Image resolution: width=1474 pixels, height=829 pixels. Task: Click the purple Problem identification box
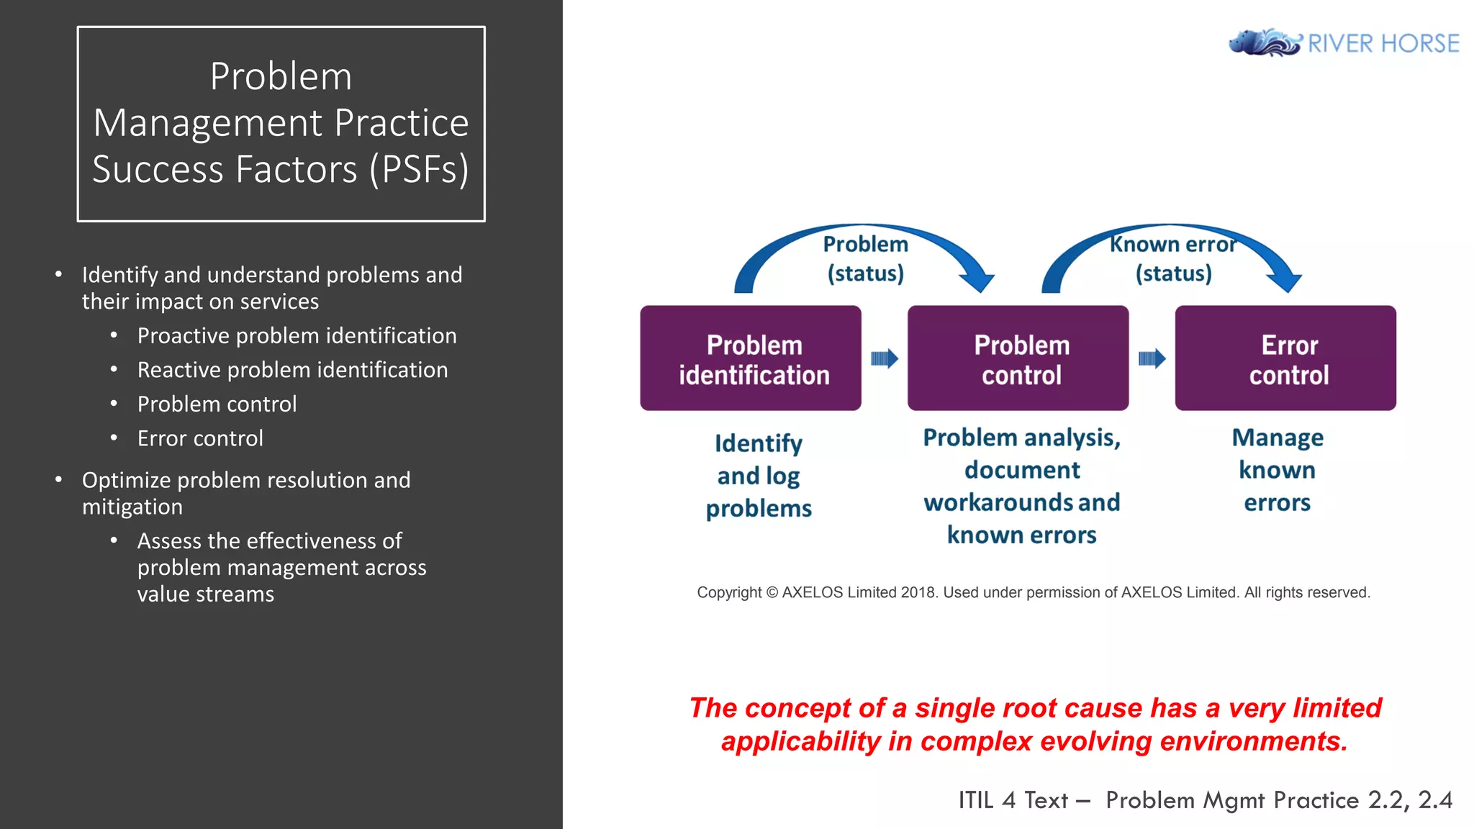(751, 358)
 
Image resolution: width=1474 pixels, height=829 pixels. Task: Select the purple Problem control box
(1018, 358)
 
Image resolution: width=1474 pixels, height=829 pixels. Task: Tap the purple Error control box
(1285, 358)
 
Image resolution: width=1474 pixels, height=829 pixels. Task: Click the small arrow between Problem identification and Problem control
(885, 358)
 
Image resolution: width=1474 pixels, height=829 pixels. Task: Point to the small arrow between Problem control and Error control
(1152, 358)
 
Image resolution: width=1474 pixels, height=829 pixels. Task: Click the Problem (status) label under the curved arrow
(865, 259)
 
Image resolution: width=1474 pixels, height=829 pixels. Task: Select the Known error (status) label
(1173, 259)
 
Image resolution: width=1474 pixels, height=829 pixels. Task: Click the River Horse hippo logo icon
(1264, 42)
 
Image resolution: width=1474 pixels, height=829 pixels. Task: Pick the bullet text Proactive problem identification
(297, 336)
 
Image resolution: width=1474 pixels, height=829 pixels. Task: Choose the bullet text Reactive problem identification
(292, 370)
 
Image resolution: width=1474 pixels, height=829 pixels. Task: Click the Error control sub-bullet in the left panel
(200, 438)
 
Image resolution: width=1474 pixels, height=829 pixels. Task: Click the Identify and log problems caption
(759, 476)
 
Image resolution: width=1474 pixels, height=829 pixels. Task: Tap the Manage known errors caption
(1278, 470)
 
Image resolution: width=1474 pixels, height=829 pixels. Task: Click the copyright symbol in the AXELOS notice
(772, 593)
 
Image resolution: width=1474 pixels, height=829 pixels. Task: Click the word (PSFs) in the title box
(419, 170)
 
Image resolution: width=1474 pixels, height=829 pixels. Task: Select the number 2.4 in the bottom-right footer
(1435, 800)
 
